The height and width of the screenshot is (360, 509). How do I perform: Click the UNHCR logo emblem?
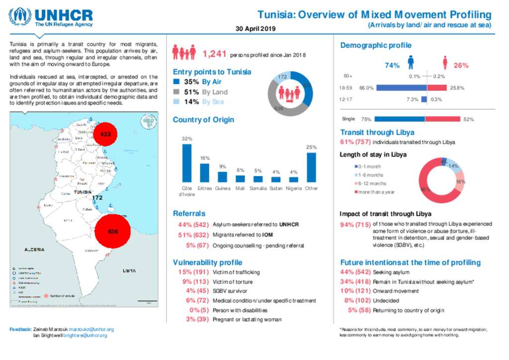pyautogui.click(x=22, y=17)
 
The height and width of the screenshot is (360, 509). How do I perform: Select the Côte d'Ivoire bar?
pyautogui.click(x=187, y=164)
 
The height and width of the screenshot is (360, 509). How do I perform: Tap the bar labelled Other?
pyautogui.click(x=311, y=168)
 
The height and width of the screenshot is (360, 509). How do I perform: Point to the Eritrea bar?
pyautogui.click(x=204, y=173)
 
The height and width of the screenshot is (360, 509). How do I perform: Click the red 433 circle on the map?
pyautogui.click(x=105, y=134)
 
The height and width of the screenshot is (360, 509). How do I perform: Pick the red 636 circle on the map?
pyautogui.click(x=113, y=231)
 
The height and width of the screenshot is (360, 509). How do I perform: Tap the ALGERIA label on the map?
pyautogui.click(x=35, y=249)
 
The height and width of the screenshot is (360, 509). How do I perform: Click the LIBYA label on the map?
pyautogui.click(x=130, y=271)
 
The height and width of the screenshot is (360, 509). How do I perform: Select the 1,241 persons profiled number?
pyautogui.click(x=215, y=54)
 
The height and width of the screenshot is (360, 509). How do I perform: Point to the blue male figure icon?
pyautogui.click(x=411, y=63)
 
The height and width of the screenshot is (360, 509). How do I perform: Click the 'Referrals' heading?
pyautogui.click(x=189, y=213)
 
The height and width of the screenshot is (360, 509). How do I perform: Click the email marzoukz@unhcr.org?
pyautogui.click(x=91, y=329)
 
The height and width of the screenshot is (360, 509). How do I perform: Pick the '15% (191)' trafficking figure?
pyautogui.click(x=194, y=272)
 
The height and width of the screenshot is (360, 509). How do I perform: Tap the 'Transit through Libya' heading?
pyautogui.click(x=377, y=132)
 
